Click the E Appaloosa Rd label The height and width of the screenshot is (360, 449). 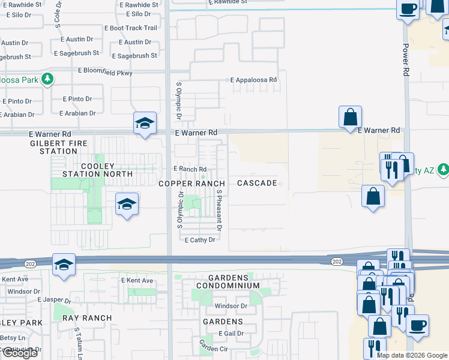pyautogui.click(x=254, y=79)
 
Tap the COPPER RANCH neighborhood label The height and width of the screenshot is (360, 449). pyautogui.click(x=191, y=183)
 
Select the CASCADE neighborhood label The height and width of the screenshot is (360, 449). pyautogui.click(x=257, y=183)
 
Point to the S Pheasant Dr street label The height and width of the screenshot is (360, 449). pyautogui.click(x=220, y=211)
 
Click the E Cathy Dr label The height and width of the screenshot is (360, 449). pyautogui.click(x=199, y=239)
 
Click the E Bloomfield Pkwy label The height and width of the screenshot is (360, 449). pyautogui.click(x=104, y=72)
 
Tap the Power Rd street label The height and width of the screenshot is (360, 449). pyautogui.click(x=406, y=59)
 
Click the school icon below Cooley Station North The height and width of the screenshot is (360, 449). pyautogui.click(x=127, y=205)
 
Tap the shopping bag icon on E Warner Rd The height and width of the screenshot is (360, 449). pyautogui.click(x=350, y=116)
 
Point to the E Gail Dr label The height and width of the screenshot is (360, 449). pyautogui.click(x=232, y=334)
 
